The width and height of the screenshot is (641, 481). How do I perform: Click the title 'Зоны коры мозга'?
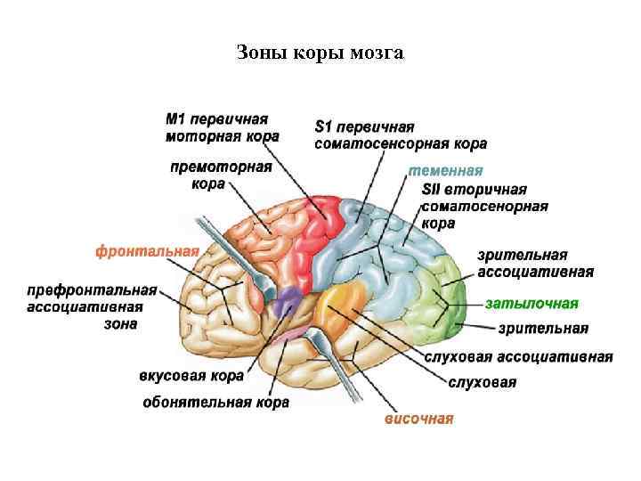(320, 53)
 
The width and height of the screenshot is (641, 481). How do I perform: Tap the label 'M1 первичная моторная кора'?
(222, 127)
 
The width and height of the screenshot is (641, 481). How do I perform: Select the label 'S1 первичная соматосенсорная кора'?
(401, 135)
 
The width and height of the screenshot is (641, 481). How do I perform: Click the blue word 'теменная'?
(445, 171)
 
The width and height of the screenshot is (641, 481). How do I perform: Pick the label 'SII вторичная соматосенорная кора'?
(484, 207)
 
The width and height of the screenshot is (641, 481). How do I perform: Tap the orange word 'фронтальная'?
(147, 251)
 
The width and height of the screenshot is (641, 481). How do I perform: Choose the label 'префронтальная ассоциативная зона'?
(93, 306)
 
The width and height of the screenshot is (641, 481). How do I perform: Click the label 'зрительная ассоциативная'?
(535, 264)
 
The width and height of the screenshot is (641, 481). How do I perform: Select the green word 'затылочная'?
(532, 303)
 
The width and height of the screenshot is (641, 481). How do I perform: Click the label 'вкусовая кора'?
(191, 376)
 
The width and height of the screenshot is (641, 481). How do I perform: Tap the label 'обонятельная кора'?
(215, 403)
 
